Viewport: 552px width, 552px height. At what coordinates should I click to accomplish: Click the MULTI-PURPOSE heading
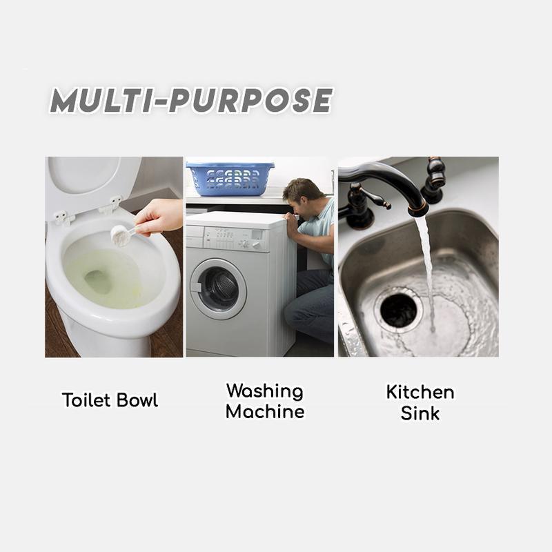(191, 100)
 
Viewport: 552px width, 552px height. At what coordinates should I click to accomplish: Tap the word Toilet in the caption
(87, 400)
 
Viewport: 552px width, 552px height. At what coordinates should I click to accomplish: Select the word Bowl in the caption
(137, 400)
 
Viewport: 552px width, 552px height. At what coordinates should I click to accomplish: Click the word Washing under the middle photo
(265, 392)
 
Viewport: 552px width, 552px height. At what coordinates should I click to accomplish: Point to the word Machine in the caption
(265, 411)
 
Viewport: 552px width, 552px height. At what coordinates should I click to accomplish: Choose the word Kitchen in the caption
(420, 392)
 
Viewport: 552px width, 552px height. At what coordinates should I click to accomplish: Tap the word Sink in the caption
(420, 413)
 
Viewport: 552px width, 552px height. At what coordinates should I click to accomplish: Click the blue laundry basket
(230, 179)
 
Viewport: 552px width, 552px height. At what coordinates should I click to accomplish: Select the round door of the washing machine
(218, 288)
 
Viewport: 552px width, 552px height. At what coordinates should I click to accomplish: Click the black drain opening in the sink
(399, 310)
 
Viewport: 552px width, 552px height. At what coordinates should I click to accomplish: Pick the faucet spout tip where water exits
(418, 210)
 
